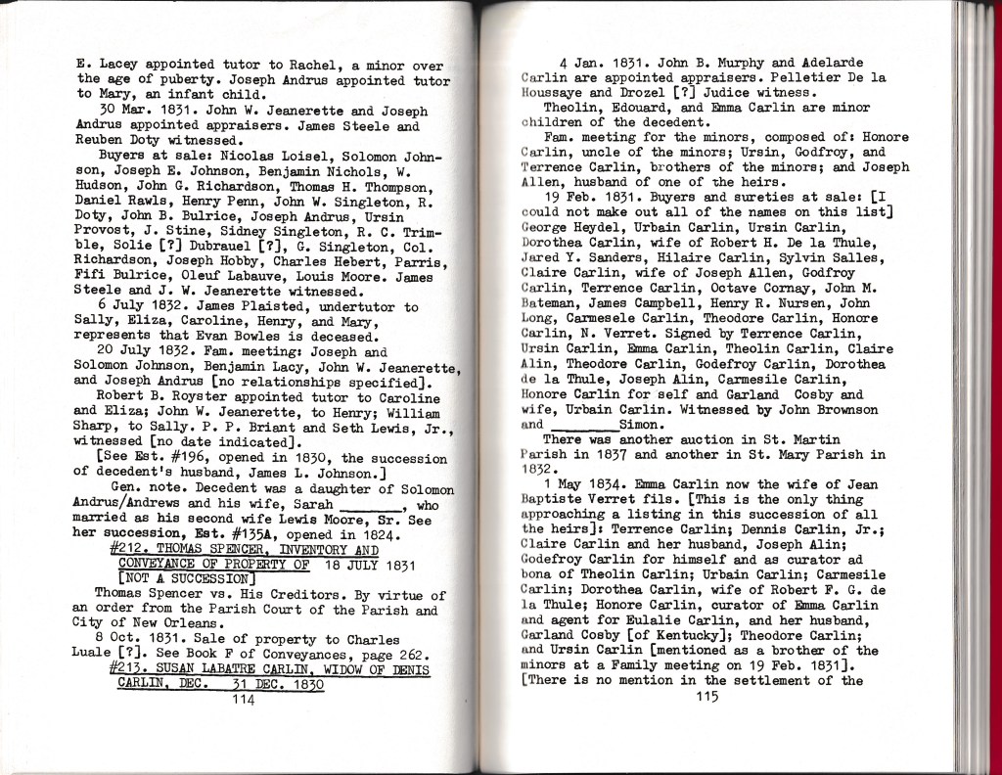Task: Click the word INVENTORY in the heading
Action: [x=304, y=549]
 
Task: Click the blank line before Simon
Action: [x=582, y=427]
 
